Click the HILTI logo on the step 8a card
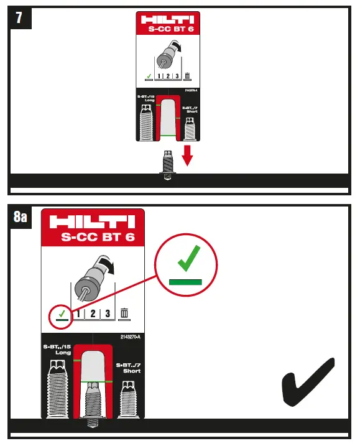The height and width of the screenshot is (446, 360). coord(92,222)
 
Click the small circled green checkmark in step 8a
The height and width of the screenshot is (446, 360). coord(60,315)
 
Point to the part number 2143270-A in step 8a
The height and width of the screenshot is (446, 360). coord(131,337)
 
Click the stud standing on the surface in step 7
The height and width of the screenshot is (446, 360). coord(167,164)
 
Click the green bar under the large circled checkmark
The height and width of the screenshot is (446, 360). coord(186,281)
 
